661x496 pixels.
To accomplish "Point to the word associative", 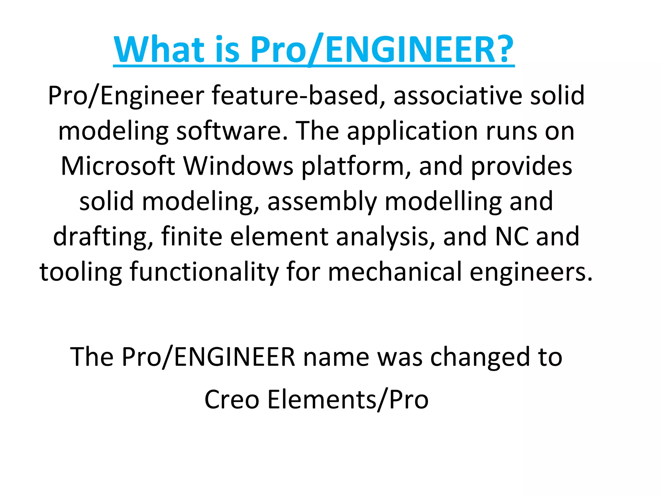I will [x=458, y=96].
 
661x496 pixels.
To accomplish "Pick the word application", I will [x=412, y=132].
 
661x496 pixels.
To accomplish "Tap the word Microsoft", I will [x=118, y=166].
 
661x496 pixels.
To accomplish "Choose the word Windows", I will [x=238, y=166].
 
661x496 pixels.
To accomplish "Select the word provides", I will [x=522, y=167].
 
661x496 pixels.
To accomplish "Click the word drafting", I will [x=103, y=237].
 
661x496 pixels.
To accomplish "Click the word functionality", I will [x=204, y=272].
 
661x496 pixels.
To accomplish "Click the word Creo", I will [x=232, y=399].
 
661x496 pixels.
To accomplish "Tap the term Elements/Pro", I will [x=348, y=399].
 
